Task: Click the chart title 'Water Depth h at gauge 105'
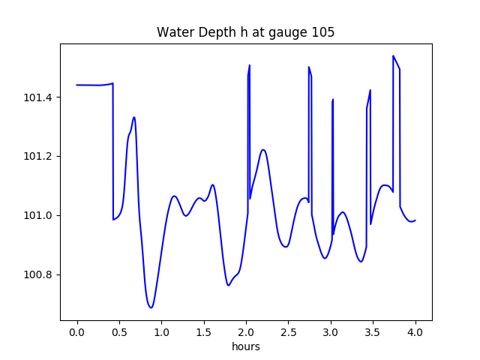245,32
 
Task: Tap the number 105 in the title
324,32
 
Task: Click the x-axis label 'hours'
246,346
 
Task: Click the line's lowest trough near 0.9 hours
151,307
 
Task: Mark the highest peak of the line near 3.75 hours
393,55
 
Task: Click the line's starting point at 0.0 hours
77,85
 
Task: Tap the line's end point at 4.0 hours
415,220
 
